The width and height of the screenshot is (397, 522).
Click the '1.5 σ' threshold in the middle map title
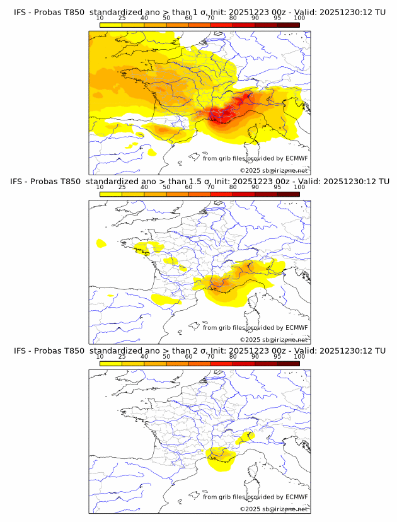pyautogui.click(x=187, y=182)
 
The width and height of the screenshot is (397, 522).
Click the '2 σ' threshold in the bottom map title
pyautogui.click(x=183, y=351)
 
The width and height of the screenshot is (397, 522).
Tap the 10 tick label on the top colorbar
pyautogui.click(x=100, y=18)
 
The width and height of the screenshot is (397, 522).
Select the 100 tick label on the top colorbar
pyautogui.click(x=299, y=18)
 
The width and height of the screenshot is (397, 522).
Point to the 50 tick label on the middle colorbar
pyautogui.click(x=166, y=187)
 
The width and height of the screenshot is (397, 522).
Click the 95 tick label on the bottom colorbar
pyautogui.click(x=277, y=357)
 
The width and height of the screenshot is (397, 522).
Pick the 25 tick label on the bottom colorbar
pyautogui.click(x=122, y=357)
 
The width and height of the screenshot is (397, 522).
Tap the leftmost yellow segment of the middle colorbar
pyautogui.click(x=110, y=194)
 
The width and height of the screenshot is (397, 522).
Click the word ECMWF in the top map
pyautogui.click(x=297, y=158)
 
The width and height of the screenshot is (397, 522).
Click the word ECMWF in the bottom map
pyautogui.click(x=297, y=497)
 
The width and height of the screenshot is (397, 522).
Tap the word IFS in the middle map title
pyautogui.click(x=20, y=182)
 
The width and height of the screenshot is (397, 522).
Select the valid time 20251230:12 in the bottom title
pyautogui.click(x=348, y=351)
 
